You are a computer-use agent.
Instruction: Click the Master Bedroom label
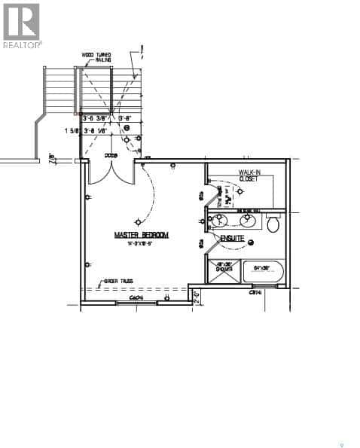pyautogui.click(x=141, y=235)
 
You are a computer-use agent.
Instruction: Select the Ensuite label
pyautogui.click(x=232, y=239)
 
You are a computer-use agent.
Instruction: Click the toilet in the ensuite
pyautogui.click(x=273, y=223)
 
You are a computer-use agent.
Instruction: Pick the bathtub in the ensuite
pyautogui.click(x=262, y=273)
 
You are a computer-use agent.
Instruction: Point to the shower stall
pyautogui.click(x=224, y=273)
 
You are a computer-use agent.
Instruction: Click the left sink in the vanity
pyautogui.click(x=220, y=221)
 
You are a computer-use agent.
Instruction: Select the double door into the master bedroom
pyautogui.click(x=111, y=172)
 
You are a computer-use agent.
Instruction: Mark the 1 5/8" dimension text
pyautogui.click(x=72, y=130)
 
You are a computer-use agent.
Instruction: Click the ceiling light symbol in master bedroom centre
pyautogui.click(x=137, y=221)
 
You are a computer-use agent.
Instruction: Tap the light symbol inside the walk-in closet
pyautogui.click(x=240, y=191)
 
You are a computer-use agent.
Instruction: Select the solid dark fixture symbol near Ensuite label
pyautogui.click(x=251, y=242)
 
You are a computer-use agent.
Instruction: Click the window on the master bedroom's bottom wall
pyautogui.click(x=136, y=303)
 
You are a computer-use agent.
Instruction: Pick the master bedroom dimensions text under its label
pyautogui.click(x=141, y=243)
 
